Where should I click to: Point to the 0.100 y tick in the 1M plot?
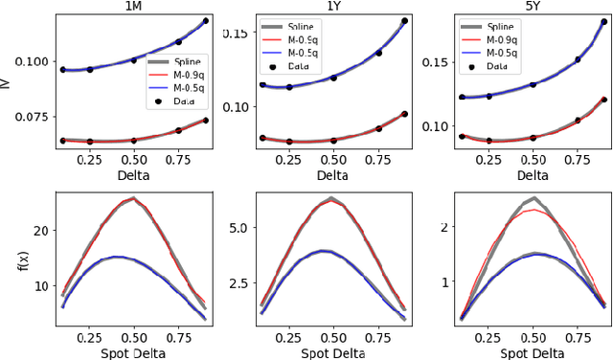pos(35,62)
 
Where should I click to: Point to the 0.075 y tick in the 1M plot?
pos(35,117)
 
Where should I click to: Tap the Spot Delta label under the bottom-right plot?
pos(531,350)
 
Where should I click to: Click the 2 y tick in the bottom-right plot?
pos(441,228)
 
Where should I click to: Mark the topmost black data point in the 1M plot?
pos(205,20)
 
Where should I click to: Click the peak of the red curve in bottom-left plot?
pos(133,199)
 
